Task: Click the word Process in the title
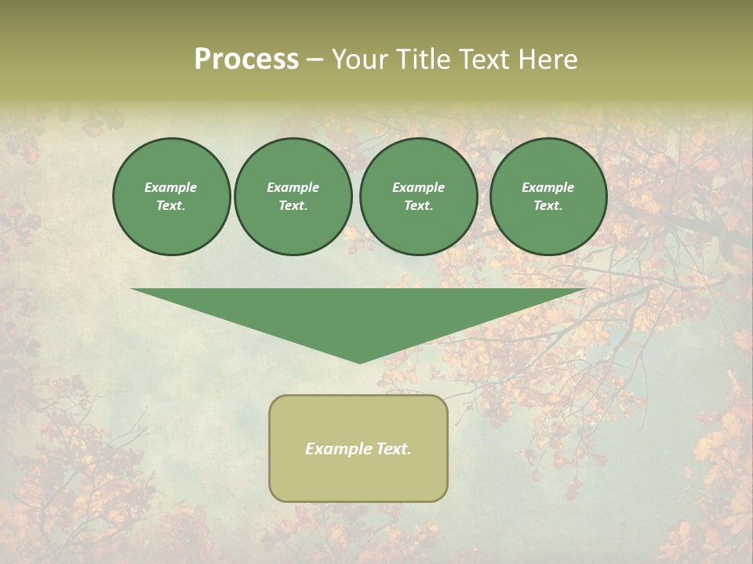[x=246, y=60]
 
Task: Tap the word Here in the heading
[x=548, y=60]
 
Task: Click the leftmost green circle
[x=171, y=196]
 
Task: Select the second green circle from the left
[x=293, y=196]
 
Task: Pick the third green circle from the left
[x=418, y=196]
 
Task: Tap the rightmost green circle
[x=547, y=196]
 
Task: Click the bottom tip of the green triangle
[x=359, y=362]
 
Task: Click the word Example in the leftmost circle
[x=171, y=187]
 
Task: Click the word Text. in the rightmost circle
[x=547, y=205]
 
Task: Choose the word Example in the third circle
[x=418, y=187]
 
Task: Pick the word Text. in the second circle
[x=293, y=205]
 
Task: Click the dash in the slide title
[x=315, y=60]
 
